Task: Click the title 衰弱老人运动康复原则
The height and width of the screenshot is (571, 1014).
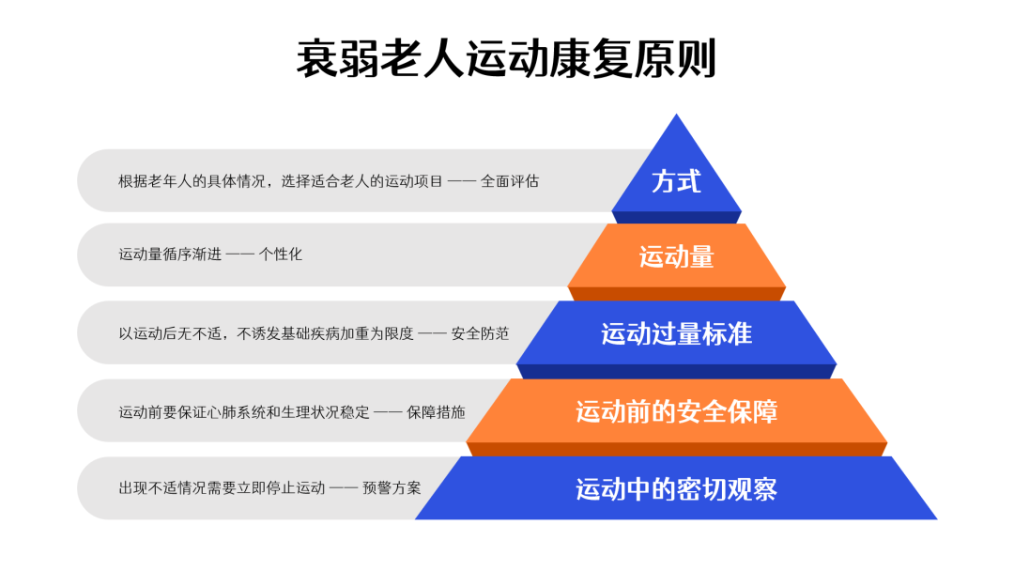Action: [506, 58]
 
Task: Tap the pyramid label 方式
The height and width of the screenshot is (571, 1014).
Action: [676, 181]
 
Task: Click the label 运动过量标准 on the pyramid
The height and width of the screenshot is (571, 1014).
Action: [676, 333]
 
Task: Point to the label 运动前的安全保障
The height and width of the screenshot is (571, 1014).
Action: [676, 412]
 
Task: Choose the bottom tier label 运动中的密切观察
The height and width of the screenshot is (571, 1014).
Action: [676, 489]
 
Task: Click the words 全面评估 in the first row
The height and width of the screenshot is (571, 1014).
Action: [510, 181]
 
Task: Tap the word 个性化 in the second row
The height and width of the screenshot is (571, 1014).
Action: [280, 255]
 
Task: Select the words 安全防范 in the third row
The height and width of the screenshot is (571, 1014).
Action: [480, 333]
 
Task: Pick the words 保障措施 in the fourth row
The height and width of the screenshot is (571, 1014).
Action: [436, 412]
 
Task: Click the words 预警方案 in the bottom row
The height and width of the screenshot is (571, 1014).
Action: [392, 487]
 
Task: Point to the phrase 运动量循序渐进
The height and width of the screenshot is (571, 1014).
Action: [170, 255]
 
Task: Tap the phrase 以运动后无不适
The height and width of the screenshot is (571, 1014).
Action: [170, 333]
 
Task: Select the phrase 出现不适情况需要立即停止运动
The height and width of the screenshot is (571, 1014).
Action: [222, 487]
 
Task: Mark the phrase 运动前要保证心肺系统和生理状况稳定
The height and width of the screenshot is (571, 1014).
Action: [244, 412]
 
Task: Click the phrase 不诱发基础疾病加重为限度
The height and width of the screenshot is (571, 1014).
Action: [325, 333]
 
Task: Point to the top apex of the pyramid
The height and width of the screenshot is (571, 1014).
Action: [676, 115]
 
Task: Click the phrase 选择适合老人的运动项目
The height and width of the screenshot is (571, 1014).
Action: [362, 181]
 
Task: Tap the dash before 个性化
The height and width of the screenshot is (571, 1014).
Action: [240, 255]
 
